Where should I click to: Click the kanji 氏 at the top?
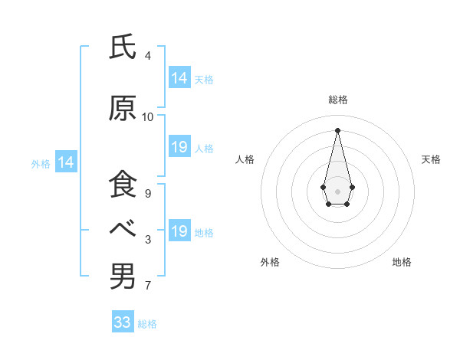123,48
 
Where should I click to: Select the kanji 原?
123,110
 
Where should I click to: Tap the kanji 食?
123,186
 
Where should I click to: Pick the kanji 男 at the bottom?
123,276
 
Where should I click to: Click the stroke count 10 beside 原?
148,117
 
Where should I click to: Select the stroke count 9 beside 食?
148,194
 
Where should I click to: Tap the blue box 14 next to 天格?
179,78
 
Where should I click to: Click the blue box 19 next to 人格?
179,147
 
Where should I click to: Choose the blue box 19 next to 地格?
179,231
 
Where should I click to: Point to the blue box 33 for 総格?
123,322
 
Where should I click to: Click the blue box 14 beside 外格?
66,162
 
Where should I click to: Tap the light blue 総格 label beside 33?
147,324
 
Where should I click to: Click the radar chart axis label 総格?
337,100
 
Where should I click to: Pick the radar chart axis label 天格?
431,159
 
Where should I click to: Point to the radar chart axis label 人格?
245,159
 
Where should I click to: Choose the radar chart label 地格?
402,262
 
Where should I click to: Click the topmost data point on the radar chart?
337,129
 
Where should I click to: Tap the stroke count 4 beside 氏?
148,56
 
